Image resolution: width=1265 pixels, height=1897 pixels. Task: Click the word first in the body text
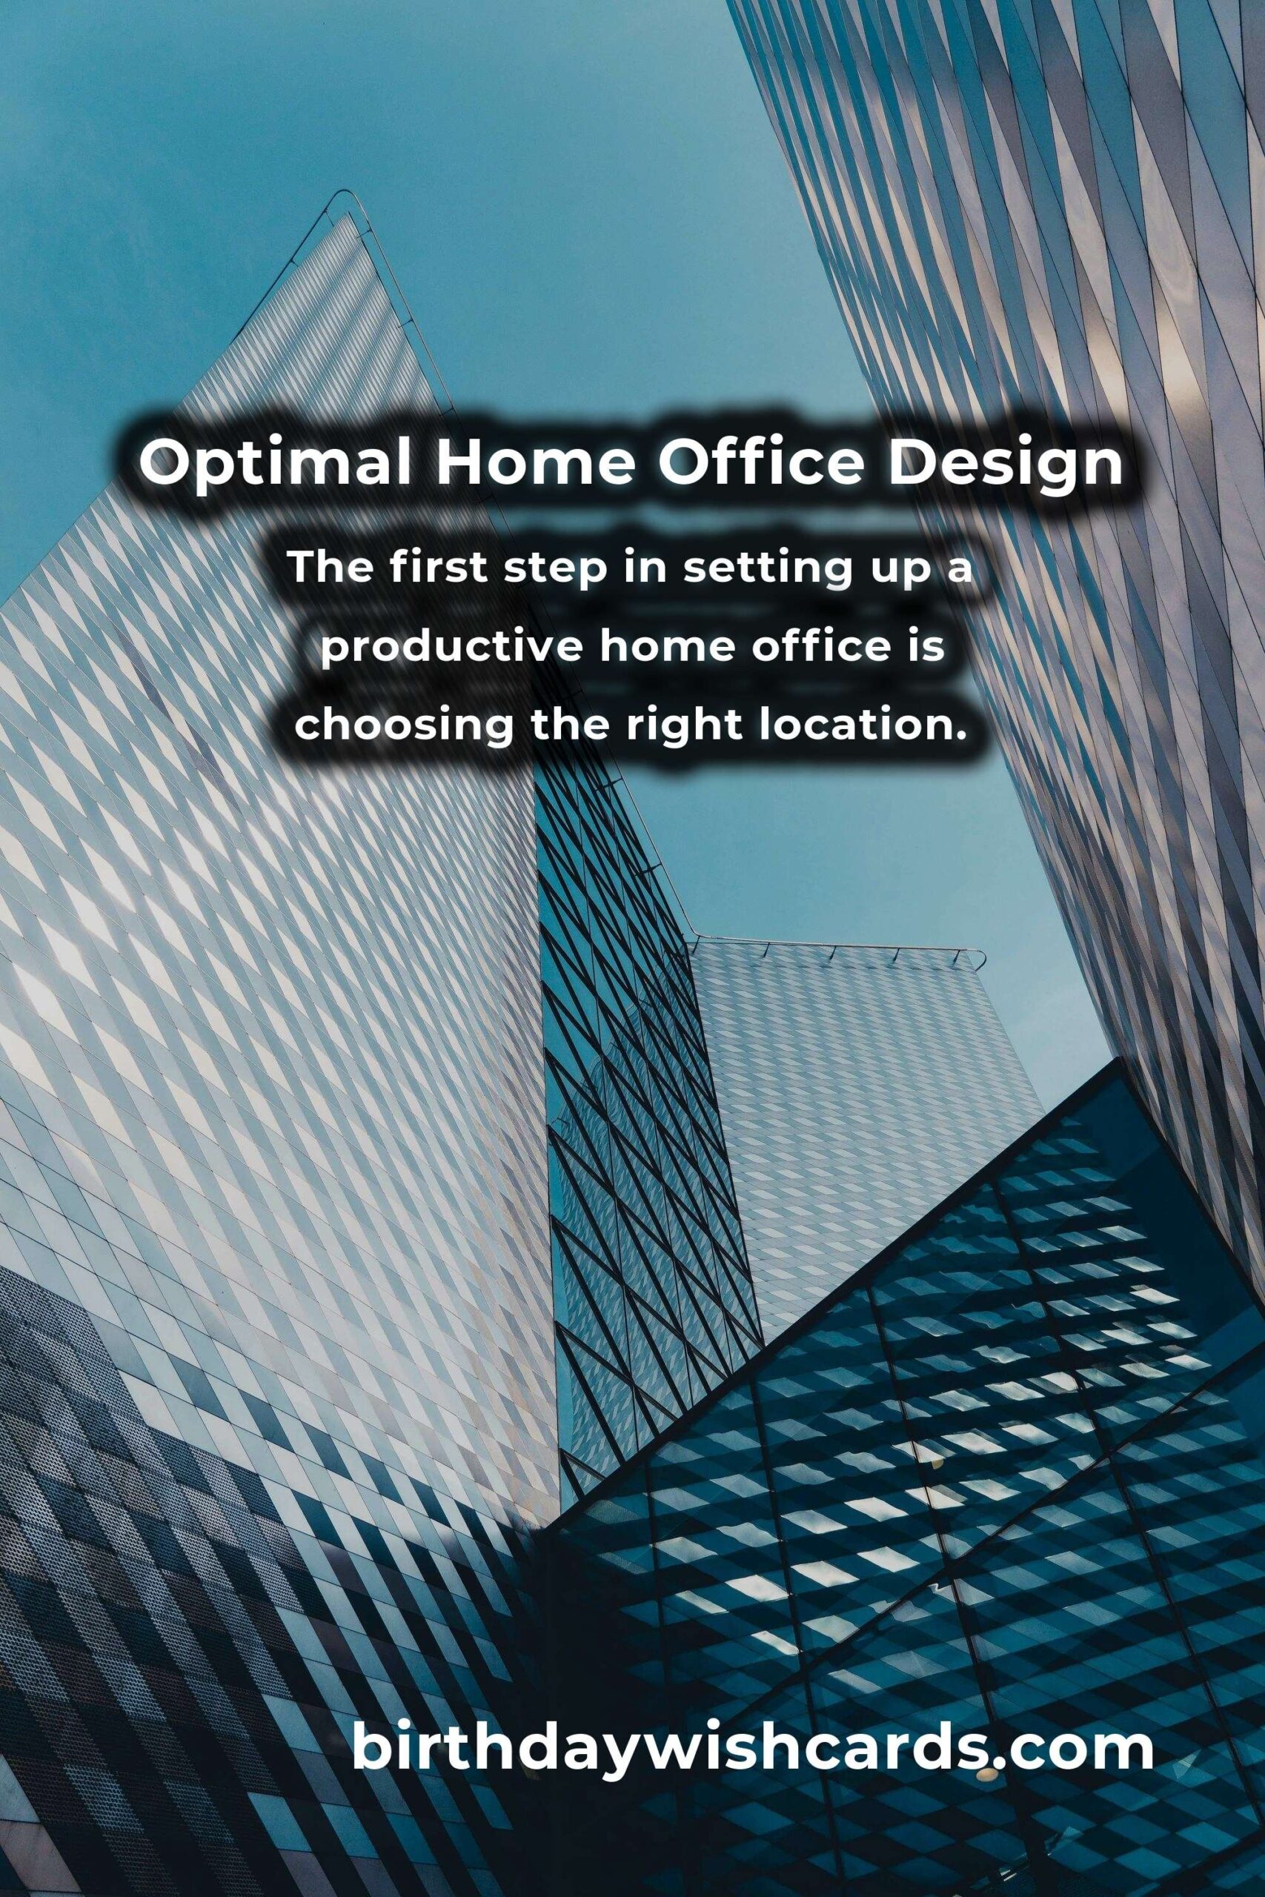pos(436,568)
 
